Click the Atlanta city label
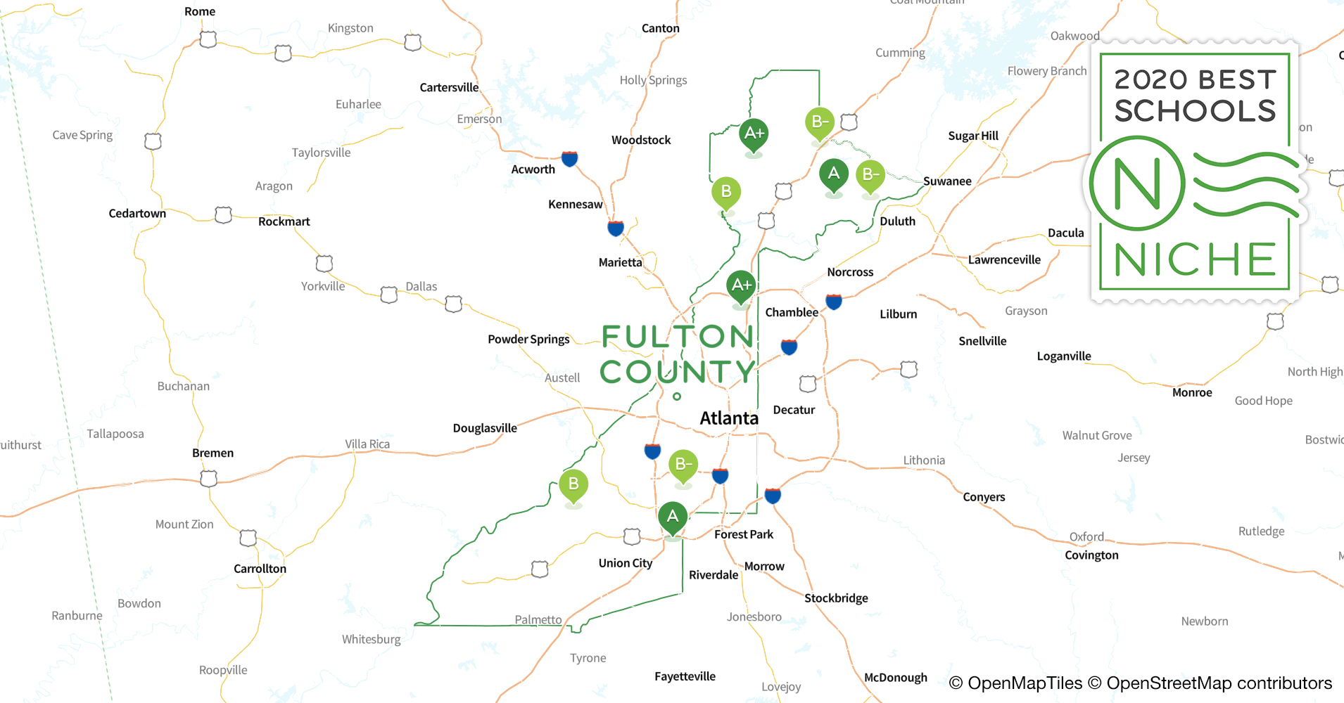click(729, 418)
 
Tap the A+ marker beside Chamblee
click(741, 285)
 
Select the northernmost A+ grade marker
click(754, 134)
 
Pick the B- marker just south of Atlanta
click(683, 465)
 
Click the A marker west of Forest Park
click(673, 517)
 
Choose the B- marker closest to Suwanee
click(870, 174)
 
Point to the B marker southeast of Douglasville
click(573, 484)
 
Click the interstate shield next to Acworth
click(570, 158)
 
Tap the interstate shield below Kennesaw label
click(616, 228)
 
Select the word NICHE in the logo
click(1195, 259)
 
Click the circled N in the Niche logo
click(1137, 183)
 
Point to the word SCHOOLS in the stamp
click(1195, 111)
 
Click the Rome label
click(200, 11)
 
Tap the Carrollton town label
click(260, 569)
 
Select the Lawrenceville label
click(1004, 259)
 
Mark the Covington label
click(1091, 555)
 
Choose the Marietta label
click(620, 262)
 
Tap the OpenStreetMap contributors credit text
click(1219, 683)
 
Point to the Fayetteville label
click(685, 676)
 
